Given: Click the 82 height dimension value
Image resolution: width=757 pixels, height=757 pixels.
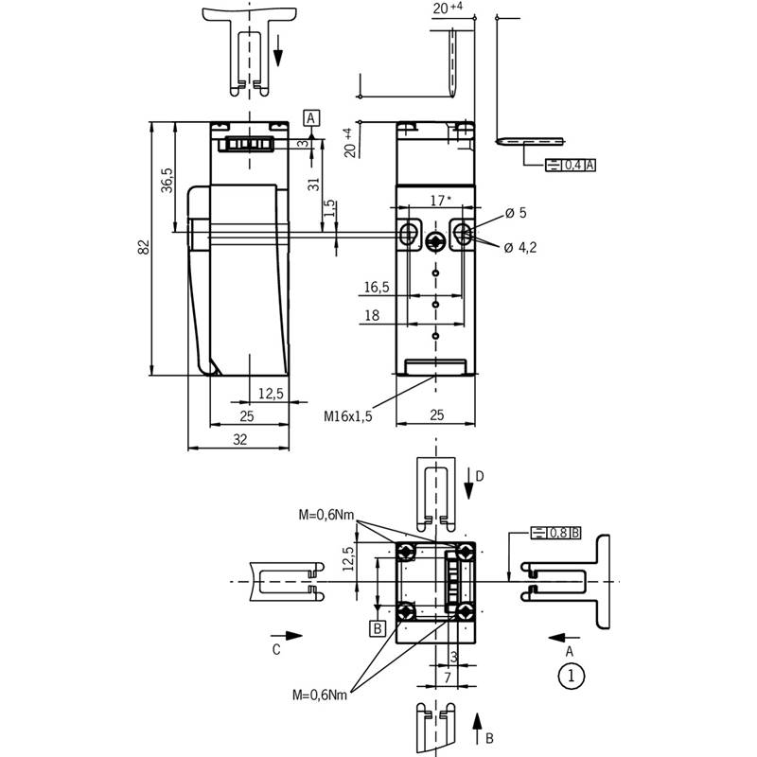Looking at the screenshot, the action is click(144, 247).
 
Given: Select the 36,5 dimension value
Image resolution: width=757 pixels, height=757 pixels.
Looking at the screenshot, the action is click(167, 180).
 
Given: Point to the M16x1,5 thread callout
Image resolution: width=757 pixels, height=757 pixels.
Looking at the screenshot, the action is click(347, 416).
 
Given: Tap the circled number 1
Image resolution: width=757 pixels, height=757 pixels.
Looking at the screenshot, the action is click(572, 676).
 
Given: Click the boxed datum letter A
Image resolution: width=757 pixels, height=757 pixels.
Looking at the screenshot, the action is click(311, 118).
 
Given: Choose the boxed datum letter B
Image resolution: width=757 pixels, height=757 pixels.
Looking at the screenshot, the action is click(378, 628).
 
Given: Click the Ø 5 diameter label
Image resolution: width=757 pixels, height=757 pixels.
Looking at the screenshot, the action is click(516, 213).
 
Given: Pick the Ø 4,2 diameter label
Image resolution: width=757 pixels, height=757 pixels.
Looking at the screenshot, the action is click(519, 248).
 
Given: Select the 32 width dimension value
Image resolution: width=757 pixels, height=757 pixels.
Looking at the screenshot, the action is click(240, 439).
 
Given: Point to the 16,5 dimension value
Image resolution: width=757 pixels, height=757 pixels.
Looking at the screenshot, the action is click(377, 288).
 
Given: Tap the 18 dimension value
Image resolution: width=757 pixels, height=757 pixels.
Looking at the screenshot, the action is click(372, 315).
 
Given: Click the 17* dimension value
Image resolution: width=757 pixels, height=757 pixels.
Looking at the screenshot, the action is click(440, 200).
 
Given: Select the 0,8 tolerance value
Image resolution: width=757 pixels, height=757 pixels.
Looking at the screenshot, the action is click(558, 533).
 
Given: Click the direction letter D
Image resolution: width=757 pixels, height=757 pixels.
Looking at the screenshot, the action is click(480, 477).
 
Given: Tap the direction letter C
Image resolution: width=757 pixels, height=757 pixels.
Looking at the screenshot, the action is click(276, 649).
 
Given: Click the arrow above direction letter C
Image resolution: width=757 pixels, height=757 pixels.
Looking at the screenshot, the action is click(287, 636).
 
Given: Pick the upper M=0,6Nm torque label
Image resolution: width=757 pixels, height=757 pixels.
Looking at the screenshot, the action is click(326, 515).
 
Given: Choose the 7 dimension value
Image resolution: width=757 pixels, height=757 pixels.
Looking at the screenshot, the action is click(448, 678).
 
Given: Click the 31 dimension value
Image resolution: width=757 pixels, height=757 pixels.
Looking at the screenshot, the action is click(314, 184).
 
